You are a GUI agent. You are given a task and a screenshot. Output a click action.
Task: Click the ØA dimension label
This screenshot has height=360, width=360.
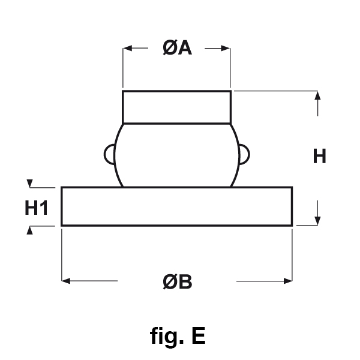[x=176, y=49]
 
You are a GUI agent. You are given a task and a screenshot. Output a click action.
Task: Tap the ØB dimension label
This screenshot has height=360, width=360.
[x=177, y=281]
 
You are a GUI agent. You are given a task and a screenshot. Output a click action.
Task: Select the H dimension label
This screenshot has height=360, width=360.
[x=319, y=157]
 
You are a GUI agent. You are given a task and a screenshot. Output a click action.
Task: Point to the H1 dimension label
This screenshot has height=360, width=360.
[x=36, y=208]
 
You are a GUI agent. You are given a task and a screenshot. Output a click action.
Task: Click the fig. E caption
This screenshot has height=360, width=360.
[x=178, y=336]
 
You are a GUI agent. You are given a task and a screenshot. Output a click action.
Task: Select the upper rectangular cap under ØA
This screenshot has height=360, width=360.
[x=176, y=107]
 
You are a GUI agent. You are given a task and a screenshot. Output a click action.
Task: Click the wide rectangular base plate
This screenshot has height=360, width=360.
[x=176, y=206]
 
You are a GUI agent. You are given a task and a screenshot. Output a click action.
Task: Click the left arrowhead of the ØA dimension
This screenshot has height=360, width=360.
[x=127, y=49]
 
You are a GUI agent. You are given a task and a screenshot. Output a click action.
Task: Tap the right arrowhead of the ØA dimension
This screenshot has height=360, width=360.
[x=226, y=49]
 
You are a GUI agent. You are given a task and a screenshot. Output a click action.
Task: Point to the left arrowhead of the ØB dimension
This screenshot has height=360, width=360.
[x=67, y=280]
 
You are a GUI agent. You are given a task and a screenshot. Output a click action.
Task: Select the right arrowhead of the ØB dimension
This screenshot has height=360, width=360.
[x=287, y=280]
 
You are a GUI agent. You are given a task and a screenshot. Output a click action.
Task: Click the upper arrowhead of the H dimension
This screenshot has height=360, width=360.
[x=318, y=97]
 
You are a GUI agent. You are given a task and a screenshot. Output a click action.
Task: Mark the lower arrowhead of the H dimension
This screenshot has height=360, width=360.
[x=318, y=220]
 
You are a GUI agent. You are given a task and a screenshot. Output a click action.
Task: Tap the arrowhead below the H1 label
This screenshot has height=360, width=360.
[x=28, y=231]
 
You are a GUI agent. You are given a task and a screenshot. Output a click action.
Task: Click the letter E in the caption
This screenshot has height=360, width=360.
[x=198, y=336]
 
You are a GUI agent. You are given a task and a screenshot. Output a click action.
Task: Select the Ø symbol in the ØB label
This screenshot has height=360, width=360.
[x=170, y=281]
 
